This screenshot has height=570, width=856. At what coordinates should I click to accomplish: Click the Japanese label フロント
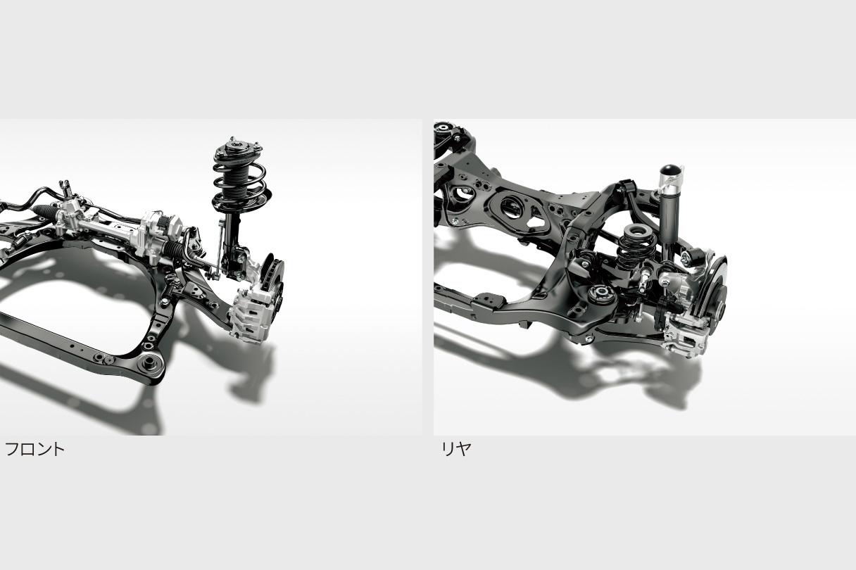click(x=34, y=449)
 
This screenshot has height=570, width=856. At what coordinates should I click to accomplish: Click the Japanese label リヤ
click(x=456, y=449)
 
